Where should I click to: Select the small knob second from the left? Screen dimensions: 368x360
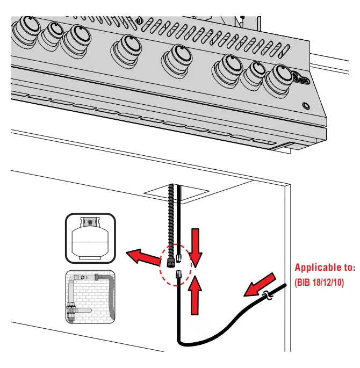(x=52, y=33)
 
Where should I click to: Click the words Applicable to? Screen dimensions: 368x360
(x=325, y=267)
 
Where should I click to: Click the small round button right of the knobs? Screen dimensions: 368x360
(x=306, y=105)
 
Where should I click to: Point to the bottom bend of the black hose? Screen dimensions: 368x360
(x=185, y=342)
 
